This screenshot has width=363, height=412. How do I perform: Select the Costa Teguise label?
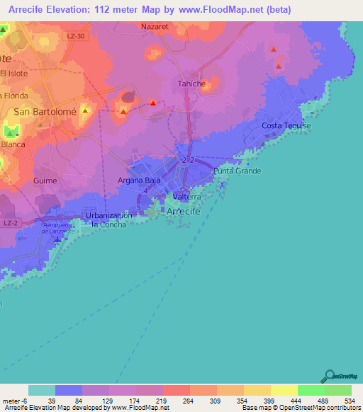[x=286, y=125]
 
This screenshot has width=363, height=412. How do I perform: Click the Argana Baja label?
[x=139, y=181]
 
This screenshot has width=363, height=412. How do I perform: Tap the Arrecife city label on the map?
[x=186, y=212]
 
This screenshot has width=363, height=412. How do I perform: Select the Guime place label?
[x=45, y=181]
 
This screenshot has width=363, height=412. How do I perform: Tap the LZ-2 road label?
[x=9, y=222]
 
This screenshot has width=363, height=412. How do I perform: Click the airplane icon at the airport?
[x=56, y=241]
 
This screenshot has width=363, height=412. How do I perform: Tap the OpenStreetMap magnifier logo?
[x=328, y=376]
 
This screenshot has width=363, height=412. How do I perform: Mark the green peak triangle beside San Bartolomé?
[x=85, y=111]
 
